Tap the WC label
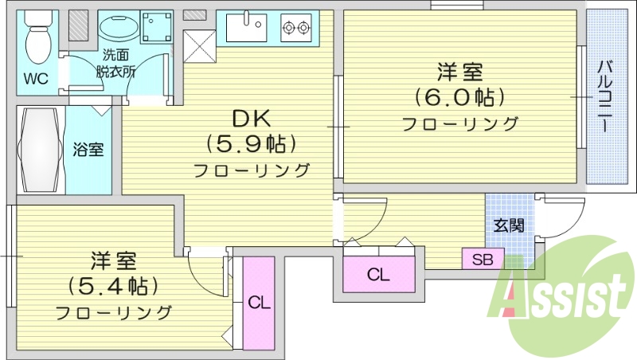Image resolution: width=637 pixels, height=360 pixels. (x=36, y=78)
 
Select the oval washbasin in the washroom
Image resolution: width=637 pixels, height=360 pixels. (x=118, y=30)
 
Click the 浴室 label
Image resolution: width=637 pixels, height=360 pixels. (x=88, y=149)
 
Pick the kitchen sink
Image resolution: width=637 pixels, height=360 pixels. (x=246, y=28)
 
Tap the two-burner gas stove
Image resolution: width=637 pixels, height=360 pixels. (x=295, y=29)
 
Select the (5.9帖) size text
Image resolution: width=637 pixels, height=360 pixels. (x=252, y=144)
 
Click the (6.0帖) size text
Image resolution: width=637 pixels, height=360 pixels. (x=459, y=98)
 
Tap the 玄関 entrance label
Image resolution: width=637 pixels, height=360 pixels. (x=510, y=225)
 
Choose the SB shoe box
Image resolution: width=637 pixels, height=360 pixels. (x=483, y=259)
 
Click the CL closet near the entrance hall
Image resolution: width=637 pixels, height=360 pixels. (x=378, y=275)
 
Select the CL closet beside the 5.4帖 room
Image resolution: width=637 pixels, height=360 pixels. (x=258, y=303)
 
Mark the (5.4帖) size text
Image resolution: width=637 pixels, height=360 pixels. (x=113, y=285)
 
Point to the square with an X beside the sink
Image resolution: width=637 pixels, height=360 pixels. (x=199, y=41)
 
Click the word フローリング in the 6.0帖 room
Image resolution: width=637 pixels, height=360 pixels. (x=459, y=124)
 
